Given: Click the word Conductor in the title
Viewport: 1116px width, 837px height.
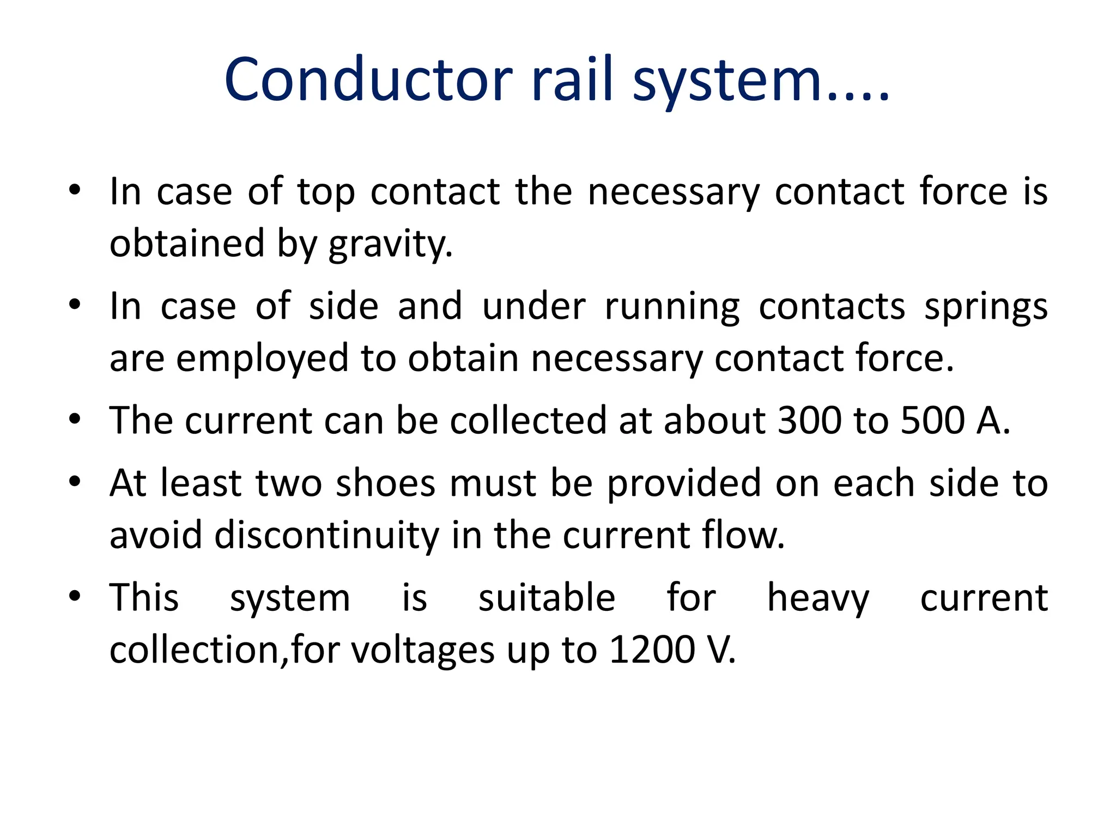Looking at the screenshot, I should coord(368,80).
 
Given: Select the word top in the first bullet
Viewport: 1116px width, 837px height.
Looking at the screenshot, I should coord(326,192).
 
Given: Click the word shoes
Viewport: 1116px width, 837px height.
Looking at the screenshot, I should coord(385,484).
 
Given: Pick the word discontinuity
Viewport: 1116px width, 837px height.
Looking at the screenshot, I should coord(326,536).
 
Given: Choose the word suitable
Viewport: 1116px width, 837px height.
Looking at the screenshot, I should coord(547,598).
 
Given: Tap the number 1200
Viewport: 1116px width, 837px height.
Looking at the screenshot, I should coord(652,651).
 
